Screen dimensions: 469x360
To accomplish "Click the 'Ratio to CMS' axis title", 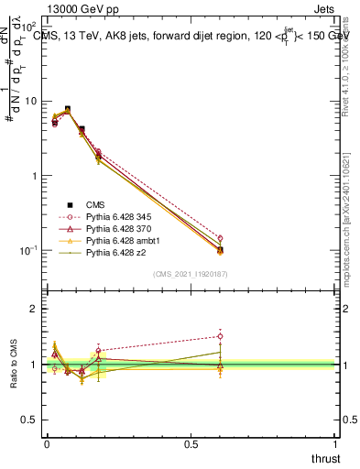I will [13, 365].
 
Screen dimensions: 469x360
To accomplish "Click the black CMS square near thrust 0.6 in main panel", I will [220, 249].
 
